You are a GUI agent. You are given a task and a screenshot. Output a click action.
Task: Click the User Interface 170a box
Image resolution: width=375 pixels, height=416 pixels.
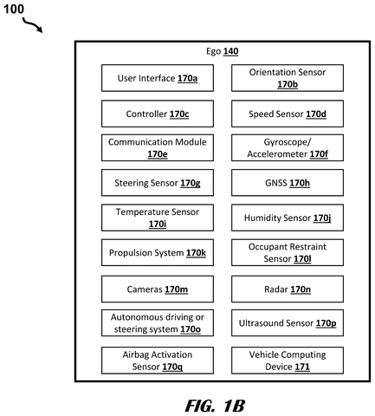tap(158, 78)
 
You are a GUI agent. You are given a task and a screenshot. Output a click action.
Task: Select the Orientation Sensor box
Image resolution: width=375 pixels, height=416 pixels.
tap(288, 78)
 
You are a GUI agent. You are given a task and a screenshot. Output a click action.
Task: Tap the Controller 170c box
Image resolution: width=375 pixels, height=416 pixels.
tap(158, 114)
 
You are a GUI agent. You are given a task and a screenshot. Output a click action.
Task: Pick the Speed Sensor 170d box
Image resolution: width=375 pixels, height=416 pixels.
tap(288, 114)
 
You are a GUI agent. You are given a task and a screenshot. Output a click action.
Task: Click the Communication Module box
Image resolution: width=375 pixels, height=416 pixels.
tap(158, 147)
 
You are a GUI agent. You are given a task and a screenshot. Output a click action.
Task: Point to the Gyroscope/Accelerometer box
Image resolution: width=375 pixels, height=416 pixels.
tap(288, 147)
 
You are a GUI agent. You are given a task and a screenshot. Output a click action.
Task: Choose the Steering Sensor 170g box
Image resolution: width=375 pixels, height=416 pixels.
tap(158, 183)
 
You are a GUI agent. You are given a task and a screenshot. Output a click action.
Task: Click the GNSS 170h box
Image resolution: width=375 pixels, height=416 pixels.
tap(288, 183)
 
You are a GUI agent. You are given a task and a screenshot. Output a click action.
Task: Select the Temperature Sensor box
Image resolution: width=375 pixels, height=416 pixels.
tap(158, 218)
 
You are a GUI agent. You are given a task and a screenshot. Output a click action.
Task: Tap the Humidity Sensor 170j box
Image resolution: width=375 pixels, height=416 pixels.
tap(288, 218)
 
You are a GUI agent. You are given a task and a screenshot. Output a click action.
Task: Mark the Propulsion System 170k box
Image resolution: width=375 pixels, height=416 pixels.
tap(158, 252)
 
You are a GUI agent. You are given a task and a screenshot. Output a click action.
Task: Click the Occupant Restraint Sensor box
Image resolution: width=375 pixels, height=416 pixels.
tap(288, 252)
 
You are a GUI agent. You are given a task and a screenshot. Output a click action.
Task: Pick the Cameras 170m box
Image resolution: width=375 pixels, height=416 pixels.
tap(158, 289)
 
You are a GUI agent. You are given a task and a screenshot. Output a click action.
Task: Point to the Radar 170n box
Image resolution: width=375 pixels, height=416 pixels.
tap(288, 289)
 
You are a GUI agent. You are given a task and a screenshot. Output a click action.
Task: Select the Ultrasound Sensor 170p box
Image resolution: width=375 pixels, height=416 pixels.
tap(288, 323)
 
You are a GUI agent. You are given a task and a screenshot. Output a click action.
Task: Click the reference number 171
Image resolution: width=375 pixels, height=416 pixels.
tap(302, 367)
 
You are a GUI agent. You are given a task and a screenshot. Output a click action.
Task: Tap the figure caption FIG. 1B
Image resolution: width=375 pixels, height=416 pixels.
tap(215, 406)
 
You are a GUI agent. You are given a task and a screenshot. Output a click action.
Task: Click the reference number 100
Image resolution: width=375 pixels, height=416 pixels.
tap(13, 9)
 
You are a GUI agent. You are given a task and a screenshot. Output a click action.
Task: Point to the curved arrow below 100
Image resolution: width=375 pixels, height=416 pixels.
tap(32, 25)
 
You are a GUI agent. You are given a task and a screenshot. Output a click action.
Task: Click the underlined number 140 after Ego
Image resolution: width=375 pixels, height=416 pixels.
tap(230, 51)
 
